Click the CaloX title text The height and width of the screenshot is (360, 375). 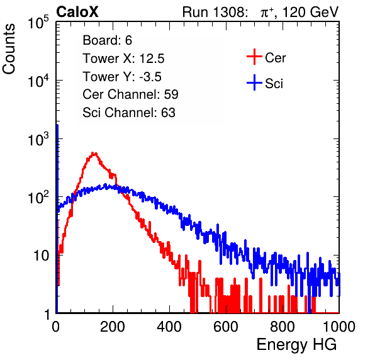(77, 12)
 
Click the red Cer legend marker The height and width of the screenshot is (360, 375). (254, 57)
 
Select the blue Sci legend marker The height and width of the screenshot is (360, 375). (254, 82)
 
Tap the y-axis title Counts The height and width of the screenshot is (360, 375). (9, 48)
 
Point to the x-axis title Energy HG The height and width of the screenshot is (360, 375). (296, 345)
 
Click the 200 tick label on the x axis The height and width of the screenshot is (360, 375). (113, 327)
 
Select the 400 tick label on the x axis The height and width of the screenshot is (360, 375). (169, 327)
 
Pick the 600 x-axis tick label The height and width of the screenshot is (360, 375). (226, 327)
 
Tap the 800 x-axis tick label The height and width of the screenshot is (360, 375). (283, 327)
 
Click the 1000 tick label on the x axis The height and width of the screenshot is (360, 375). (339, 327)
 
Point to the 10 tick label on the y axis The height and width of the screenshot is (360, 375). (41, 256)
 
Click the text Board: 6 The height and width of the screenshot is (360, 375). (108, 40)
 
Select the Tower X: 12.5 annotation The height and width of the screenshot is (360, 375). (123, 59)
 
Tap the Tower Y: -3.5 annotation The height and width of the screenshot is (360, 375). (122, 77)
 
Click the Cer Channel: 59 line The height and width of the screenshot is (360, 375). (130, 94)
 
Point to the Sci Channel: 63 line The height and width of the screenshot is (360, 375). (129, 113)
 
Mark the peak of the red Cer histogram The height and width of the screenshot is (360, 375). (94, 153)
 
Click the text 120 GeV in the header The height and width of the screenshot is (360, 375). (310, 12)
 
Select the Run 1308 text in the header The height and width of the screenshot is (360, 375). (213, 12)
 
